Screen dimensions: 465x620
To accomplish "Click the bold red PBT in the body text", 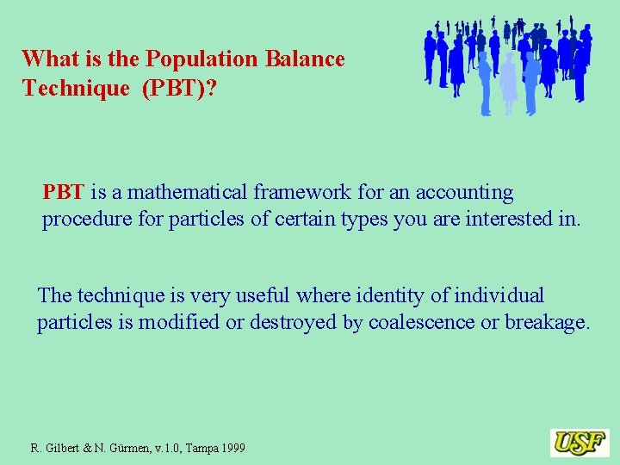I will pyautogui.click(x=63, y=192).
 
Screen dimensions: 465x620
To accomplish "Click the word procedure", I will pyautogui.click(x=84, y=220).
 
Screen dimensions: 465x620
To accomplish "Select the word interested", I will pyautogui.click(x=512, y=220).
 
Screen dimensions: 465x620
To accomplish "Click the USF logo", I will pyautogui.click(x=580, y=443).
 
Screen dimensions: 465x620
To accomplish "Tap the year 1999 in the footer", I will pyautogui.click(x=231, y=449).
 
